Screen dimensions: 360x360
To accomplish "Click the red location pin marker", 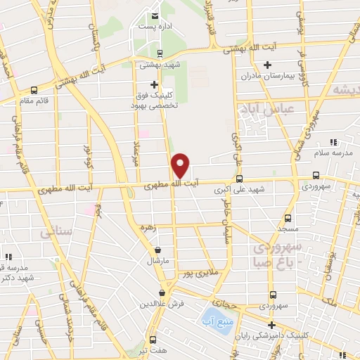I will click(x=181, y=165).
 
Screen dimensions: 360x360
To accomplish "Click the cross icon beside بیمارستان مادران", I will click(x=266, y=66).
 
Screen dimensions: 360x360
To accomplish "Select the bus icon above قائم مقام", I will click(x=34, y=90).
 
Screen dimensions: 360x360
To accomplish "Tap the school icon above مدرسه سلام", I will click(x=333, y=143).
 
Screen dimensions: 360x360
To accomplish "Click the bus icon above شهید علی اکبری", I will click(x=240, y=179).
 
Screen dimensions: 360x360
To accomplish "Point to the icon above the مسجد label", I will click(x=287, y=218).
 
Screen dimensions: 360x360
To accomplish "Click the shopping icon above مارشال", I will click(x=157, y=250).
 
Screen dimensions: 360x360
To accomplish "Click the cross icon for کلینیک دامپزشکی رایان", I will click(x=271, y=324).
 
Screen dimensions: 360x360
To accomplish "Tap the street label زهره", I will click(x=166, y=228).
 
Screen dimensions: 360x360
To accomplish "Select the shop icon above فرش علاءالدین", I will click(x=162, y=293).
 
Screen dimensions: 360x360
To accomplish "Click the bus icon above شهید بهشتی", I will click(x=160, y=53).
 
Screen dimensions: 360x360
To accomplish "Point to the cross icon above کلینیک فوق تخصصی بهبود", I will click(x=155, y=84).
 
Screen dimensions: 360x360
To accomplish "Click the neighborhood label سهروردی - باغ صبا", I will click(x=279, y=254).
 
